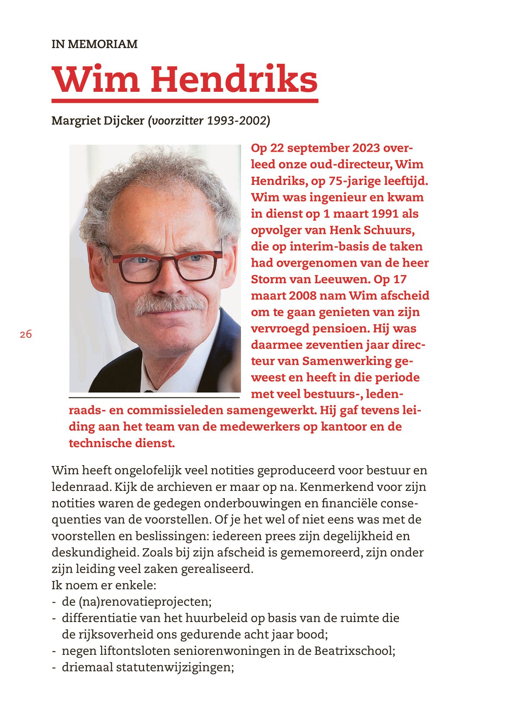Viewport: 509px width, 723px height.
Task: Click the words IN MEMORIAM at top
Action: pyautogui.click(x=94, y=44)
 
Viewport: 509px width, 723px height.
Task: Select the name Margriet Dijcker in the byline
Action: pyautogui.click(x=98, y=121)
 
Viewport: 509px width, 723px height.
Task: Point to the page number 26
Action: pyautogui.click(x=26, y=334)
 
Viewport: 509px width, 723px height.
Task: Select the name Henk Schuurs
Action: pyautogui.click(x=372, y=230)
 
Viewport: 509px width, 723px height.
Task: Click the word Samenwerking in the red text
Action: pyautogui.click(x=347, y=361)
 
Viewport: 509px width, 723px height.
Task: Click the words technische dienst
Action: pyautogui.click(x=122, y=443)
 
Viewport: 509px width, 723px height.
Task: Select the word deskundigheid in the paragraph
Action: pyautogui.click(x=95, y=553)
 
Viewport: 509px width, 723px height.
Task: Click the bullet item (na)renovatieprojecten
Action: pyautogui.click(x=137, y=602)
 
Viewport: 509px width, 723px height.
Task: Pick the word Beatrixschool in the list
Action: pyautogui.click(x=354, y=651)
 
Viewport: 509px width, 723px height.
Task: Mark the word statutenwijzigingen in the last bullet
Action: pyautogui.click(x=175, y=667)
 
